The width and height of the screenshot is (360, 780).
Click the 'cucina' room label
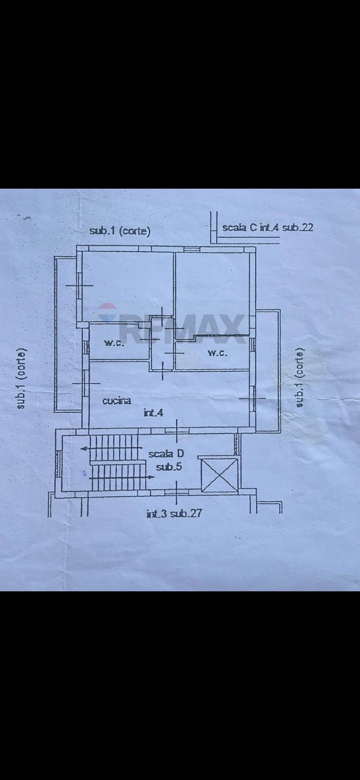click(117, 401)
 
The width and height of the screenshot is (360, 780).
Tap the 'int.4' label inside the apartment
click(153, 413)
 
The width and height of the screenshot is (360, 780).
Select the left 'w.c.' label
click(114, 343)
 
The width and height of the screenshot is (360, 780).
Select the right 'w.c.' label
click(218, 353)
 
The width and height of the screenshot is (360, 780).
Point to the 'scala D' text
click(166, 454)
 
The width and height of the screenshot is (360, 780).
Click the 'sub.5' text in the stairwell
click(169, 467)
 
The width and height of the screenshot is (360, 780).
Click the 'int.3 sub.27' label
click(174, 513)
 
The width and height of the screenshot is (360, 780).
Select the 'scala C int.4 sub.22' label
click(268, 228)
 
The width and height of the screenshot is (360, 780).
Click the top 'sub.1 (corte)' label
click(120, 231)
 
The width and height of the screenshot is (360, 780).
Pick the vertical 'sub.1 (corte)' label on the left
click(21, 378)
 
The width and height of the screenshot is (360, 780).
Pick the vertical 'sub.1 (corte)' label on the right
click(300, 377)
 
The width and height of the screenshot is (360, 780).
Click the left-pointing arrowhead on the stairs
click(83, 448)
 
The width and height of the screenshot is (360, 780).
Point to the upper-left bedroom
click(127, 286)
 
